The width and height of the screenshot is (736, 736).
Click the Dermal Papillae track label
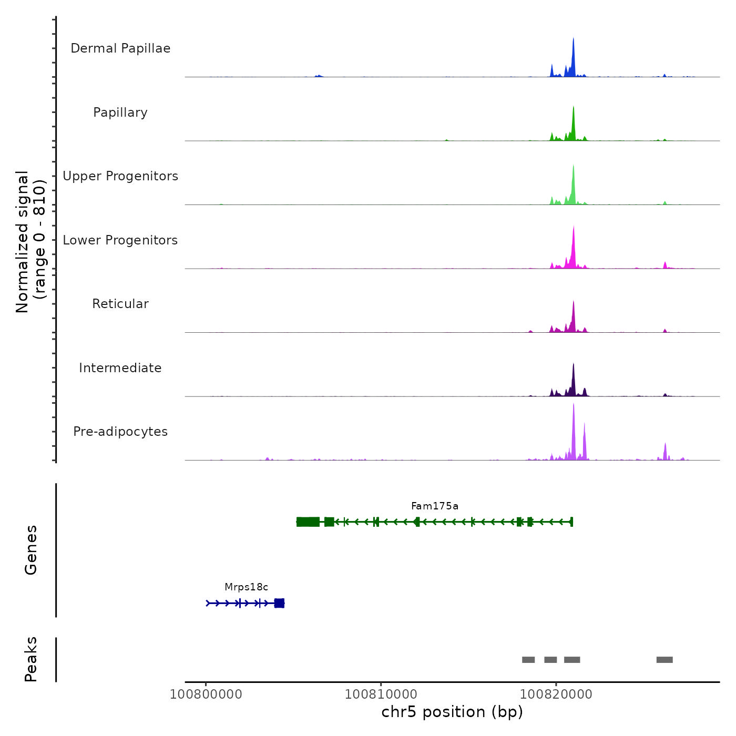tap(120, 48)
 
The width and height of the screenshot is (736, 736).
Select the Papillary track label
tap(120, 113)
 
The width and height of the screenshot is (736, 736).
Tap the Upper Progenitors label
tap(120, 176)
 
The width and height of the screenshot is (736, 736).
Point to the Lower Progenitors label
tap(120, 240)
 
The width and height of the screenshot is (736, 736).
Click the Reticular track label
tap(120, 304)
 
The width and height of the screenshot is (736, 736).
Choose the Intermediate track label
tap(120, 368)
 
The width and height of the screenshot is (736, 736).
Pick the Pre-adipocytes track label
tap(120, 432)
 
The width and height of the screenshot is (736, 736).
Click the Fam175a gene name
tap(435, 506)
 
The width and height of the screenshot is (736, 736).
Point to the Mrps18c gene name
tap(246, 587)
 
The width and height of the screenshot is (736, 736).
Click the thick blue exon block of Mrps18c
tap(279, 603)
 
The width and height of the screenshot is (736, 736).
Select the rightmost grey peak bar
tap(665, 660)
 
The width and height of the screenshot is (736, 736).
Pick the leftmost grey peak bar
tap(528, 660)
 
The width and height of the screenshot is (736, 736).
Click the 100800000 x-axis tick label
tap(206, 694)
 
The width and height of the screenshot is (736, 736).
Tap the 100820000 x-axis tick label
tap(556, 694)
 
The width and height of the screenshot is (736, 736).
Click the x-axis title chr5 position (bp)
tap(452, 712)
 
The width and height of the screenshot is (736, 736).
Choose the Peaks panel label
tap(30, 659)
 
